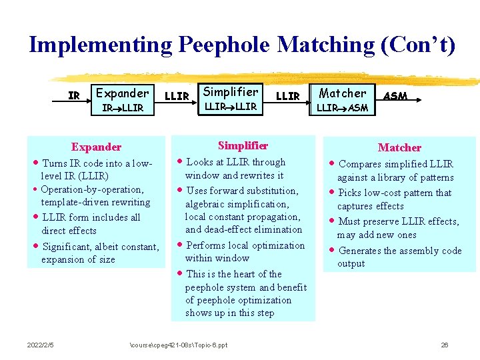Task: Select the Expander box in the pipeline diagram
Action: pyautogui.click(x=122, y=99)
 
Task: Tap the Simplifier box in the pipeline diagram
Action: pyautogui.click(x=231, y=98)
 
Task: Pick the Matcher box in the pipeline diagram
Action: pyautogui.click(x=342, y=99)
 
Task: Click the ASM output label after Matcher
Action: pyautogui.click(x=395, y=96)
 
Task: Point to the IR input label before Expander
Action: pyautogui.click(x=74, y=95)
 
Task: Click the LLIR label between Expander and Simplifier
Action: pyautogui.click(x=177, y=96)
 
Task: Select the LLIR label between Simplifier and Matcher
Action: pyautogui.click(x=287, y=96)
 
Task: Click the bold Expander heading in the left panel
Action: pyautogui.click(x=96, y=147)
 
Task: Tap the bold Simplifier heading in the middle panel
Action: pyautogui.click(x=243, y=145)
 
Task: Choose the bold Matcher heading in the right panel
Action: pyautogui.click(x=399, y=147)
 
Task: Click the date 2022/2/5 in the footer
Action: pyautogui.click(x=41, y=345)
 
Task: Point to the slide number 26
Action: pyautogui.click(x=444, y=345)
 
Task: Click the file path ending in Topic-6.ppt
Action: pyautogui.click(x=178, y=345)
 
